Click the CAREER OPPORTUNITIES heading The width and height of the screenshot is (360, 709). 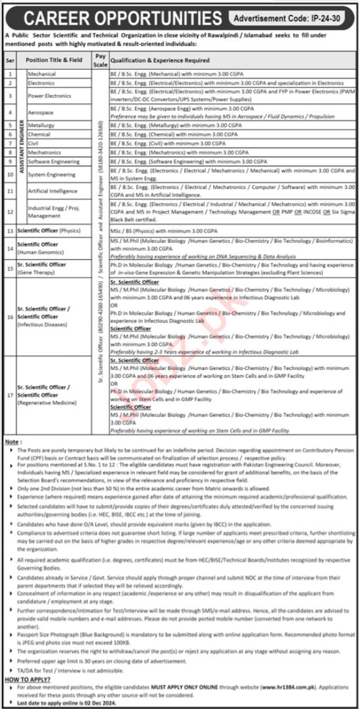click(x=113, y=15)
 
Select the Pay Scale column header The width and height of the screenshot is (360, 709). click(x=100, y=59)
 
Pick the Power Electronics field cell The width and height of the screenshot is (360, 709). click(x=49, y=95)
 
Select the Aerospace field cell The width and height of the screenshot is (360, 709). click(x=41, y=113)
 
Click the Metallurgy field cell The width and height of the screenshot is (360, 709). click(x=41, y=124)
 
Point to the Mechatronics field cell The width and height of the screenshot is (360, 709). click(x=45, y=151)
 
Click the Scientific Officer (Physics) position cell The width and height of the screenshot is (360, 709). click(x=52, y=231)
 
